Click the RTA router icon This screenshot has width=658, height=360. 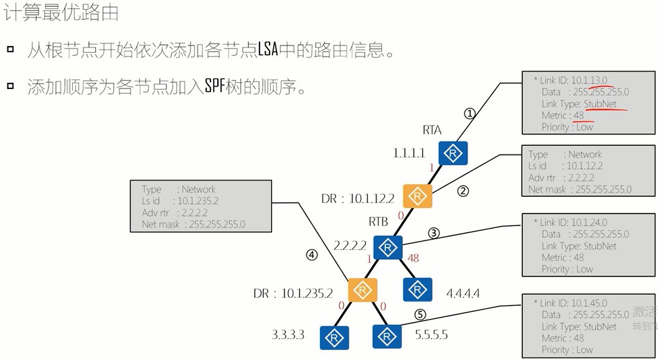click(x=453, y=153)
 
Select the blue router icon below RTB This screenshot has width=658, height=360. click(x=388, y=248)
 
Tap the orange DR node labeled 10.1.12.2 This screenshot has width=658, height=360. click(x=418, y=196)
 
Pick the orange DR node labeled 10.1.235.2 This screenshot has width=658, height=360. click(x=362, y=290)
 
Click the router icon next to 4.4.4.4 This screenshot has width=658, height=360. click(x=417, y=290)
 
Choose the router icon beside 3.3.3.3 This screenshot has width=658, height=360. click(x=334, y=337)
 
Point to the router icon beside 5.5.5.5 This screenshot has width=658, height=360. click(x=387, y=336)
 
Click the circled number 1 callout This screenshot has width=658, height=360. click(x=470, y=113)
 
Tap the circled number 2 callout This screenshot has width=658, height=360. click(x=462, y=191)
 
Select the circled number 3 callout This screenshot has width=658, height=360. click(x=435, y=233)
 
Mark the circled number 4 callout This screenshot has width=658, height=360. click(x=312, y=254)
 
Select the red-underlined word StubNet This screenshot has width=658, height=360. click(x=599, y=104)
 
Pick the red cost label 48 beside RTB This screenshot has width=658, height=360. click(x=413, y=257)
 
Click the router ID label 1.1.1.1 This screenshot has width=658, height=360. click(x=409, y=153)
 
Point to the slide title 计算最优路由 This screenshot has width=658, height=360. click(x=62, y=12)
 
